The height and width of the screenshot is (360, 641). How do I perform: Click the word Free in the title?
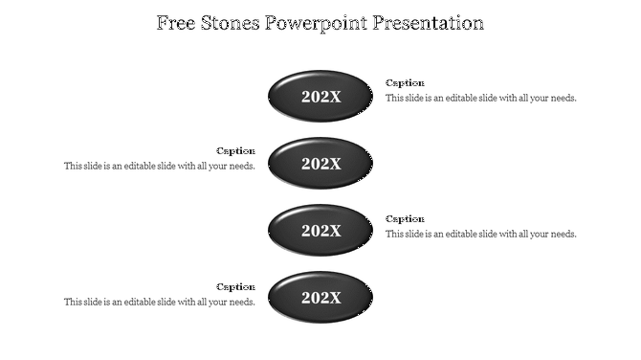coord(179,23)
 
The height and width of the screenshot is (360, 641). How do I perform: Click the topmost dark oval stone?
coord(320,96)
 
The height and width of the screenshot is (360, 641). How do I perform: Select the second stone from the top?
coord(320,164)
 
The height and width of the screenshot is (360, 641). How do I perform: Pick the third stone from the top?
coord(320,231)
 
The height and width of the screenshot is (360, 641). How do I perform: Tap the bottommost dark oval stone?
coord(320,298)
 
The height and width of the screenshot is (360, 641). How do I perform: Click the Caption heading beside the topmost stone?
coord(405,83)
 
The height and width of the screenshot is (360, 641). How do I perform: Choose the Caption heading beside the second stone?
coord(235,151)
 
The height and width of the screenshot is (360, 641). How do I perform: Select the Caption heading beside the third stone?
coord(405,219)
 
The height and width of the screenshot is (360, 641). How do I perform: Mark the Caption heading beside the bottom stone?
coord(235,287)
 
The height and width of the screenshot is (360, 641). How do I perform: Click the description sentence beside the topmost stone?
coord(480,99)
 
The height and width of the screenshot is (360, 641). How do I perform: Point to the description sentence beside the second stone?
coord(159,167)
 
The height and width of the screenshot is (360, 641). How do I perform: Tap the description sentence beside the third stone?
coord(480,235)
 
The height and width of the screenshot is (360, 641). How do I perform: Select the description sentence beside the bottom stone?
coord(159,303)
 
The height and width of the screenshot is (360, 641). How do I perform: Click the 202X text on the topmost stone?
coord(320,97)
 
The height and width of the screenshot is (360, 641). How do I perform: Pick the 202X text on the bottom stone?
coord(320,299)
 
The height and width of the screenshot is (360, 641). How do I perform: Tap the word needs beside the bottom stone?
coord(241,303)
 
